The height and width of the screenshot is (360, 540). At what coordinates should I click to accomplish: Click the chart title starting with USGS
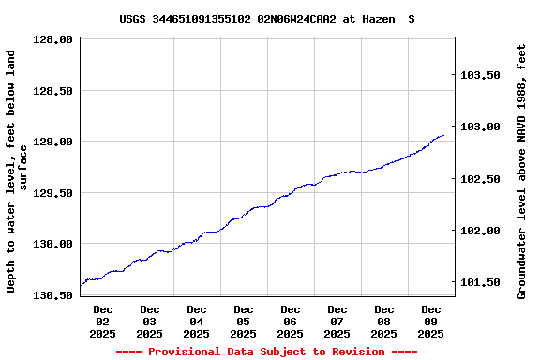(267, 19)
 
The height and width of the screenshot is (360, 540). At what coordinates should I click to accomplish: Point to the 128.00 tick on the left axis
(53, 39)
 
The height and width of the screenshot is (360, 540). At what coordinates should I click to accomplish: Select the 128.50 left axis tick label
(53, 91)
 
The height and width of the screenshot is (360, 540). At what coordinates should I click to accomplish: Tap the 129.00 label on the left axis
(53, 142)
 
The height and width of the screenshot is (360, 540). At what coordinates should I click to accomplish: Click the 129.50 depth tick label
(53, 193)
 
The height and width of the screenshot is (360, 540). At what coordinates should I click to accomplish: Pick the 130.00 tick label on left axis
(53, 244)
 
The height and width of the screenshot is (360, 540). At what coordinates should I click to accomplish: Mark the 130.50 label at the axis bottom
(53, 294)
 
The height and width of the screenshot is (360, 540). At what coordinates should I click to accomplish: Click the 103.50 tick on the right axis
(482, 75)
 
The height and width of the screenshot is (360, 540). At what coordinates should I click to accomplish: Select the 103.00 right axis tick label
(482, 127)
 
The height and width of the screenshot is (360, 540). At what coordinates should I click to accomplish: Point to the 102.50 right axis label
(482, 178)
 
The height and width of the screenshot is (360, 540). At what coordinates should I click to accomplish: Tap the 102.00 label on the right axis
(482, 231)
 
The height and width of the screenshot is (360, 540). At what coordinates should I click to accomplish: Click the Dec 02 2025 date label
(103, 321)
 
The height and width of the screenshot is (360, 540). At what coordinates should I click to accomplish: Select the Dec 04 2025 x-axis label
(197, 321)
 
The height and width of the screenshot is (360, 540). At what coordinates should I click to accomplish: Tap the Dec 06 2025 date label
(291, 321)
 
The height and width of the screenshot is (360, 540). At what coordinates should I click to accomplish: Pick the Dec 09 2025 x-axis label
(431, 321)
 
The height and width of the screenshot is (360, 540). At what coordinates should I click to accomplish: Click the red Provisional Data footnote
(266, 352)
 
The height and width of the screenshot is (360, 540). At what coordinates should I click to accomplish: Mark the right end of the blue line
(443, 136)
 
